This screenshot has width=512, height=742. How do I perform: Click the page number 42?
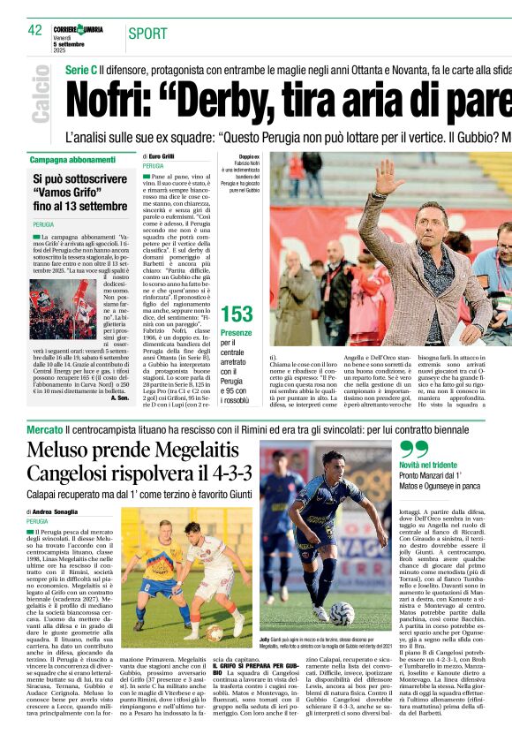pos(35,30)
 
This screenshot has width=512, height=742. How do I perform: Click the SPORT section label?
pos(147,34)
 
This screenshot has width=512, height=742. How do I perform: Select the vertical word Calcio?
pos(41,93)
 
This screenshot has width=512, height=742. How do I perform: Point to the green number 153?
pos(236,314)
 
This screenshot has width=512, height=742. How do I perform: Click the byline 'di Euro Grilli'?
pos(161,155)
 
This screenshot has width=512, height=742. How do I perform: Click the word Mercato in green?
pos(44,428)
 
